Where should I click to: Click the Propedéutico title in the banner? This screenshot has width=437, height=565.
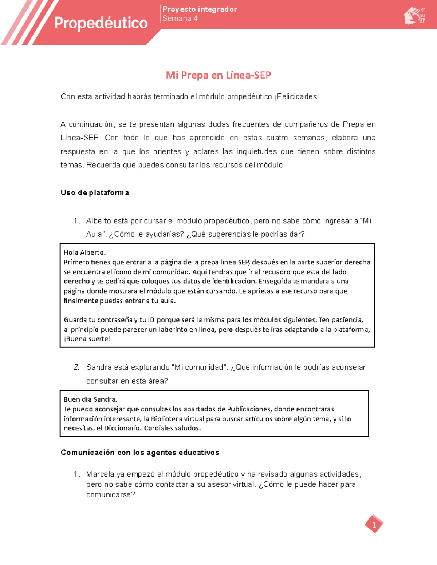tap(101, 23)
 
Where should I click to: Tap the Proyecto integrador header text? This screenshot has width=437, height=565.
tap(200, 9)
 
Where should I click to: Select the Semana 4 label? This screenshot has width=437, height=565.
tap(180, 19)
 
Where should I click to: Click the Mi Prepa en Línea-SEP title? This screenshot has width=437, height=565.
tap(219, 75)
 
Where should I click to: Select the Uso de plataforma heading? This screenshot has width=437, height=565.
tap(95, 193)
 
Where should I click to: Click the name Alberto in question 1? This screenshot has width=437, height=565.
tap(98, 221)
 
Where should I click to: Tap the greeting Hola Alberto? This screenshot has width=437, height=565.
tap(84, 252)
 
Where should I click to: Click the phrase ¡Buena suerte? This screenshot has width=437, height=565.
tap(87, 339)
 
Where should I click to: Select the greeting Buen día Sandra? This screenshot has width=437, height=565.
tap(90, 399)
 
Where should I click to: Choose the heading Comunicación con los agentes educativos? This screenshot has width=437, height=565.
tap(140, 453)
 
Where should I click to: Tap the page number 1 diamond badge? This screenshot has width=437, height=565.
tap(374, 524)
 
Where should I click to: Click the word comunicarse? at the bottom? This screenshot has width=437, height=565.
tap(110, 495)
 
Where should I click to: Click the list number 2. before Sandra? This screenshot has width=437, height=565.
tap(76, 367)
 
